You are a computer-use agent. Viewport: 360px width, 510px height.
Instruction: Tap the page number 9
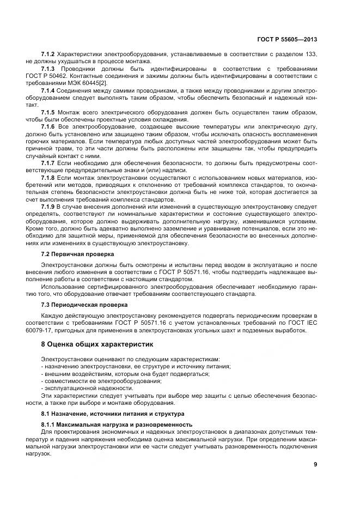315,464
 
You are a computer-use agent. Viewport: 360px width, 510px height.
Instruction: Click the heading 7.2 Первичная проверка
77,254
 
